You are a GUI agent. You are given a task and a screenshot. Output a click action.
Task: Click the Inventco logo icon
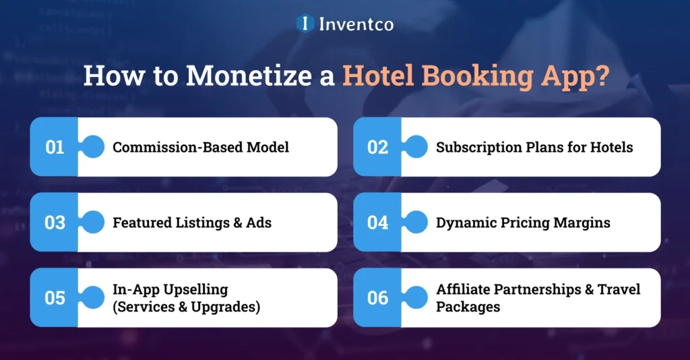click(x=305, y=24)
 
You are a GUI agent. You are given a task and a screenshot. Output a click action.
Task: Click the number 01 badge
click(x=54, y=147)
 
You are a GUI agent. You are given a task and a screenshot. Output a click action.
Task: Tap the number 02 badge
click(x=377, y=147)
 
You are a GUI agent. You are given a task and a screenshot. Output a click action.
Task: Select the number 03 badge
click(x=54, y=222)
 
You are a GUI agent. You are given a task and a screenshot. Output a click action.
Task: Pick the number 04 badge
click(x=377, y=222)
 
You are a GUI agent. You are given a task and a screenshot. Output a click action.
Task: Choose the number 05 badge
click(x=54, y=298)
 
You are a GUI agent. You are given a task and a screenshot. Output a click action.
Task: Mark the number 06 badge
click(x=377, y=298)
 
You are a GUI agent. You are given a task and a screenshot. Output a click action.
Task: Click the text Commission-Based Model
click(x=201, y=147)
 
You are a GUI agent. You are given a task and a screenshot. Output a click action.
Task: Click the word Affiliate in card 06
click(x=465, y=290)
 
